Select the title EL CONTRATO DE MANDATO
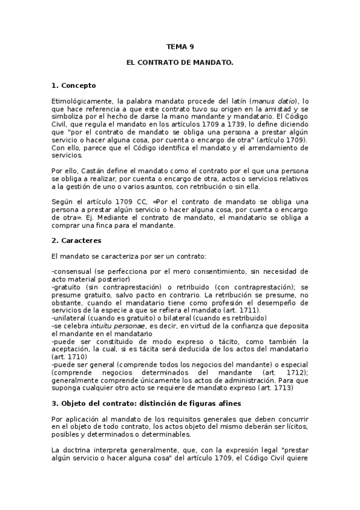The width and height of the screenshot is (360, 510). click(x=180, y=62)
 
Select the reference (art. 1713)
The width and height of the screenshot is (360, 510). click(x=275, y=388)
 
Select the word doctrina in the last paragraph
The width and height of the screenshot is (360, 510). click(x=79, y=450)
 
